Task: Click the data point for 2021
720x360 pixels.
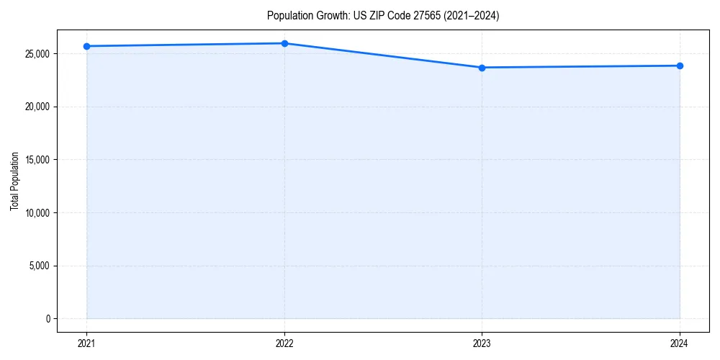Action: point(86,46)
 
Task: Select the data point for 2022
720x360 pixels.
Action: point(284,43)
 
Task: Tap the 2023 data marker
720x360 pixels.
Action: point(482,68)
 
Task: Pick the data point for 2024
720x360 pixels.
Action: point(680,66)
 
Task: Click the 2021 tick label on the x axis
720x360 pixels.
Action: point(86,343)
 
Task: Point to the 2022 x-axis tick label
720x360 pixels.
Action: point(284,343)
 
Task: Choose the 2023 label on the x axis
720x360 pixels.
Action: point(482,343)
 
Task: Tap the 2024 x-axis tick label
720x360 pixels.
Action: point(680,343)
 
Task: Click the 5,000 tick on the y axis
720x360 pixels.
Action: point(40,266)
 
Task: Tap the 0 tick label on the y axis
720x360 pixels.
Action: point(48,318)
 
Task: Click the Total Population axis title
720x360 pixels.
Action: point(14,181)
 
